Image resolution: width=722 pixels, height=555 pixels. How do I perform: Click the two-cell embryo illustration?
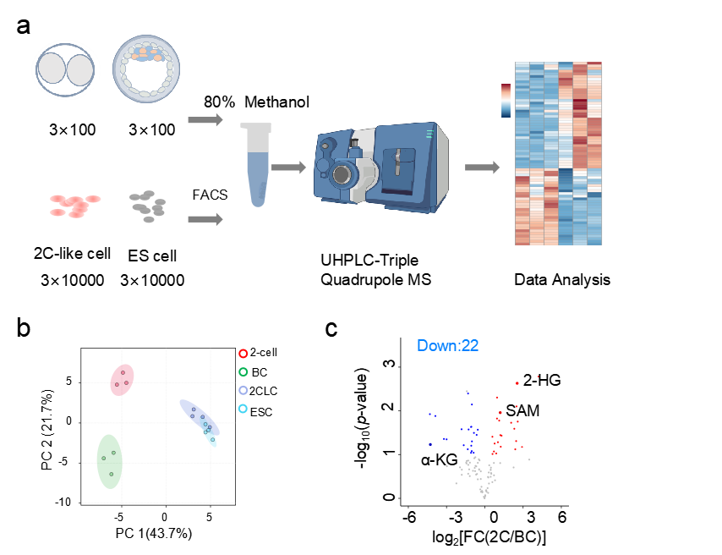(x=66, y=69)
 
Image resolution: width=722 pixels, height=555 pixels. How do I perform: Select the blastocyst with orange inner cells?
(x=146, y=68)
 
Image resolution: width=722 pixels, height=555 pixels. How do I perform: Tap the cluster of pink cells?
(x=74, y=206)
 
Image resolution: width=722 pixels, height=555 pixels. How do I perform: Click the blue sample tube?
(x=256, y=164)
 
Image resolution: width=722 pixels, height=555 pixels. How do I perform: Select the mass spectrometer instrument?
(x=382, y=167)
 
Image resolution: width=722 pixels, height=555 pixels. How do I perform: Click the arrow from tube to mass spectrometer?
(x=288, y=168)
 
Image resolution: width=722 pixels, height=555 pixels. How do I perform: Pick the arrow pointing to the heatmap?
(x=482, y=168)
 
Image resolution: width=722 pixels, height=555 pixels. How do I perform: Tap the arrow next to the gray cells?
(x=205, y=220)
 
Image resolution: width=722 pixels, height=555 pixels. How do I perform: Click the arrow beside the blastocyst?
(x=205, y=120)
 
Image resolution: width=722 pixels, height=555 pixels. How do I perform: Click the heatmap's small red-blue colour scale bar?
(x=506, y=100)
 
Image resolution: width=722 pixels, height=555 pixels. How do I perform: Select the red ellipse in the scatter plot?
(x=123, y=379)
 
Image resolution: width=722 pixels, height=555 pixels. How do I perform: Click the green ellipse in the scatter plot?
(x=109, y=461)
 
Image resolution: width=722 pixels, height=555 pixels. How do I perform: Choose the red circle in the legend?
(x=243, y=354)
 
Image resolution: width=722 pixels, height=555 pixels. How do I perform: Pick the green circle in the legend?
(x=243, y=372)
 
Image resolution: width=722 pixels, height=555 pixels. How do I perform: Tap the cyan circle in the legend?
(x=243, y=409)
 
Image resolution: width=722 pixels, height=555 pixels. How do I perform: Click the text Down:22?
(x=448, y=345)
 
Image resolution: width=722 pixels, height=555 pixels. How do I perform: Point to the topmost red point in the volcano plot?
(x=538, y=376)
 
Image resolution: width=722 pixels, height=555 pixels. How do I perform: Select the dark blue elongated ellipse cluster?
(x=198, y=415)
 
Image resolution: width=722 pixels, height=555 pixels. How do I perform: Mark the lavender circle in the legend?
(x=243, y=391)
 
